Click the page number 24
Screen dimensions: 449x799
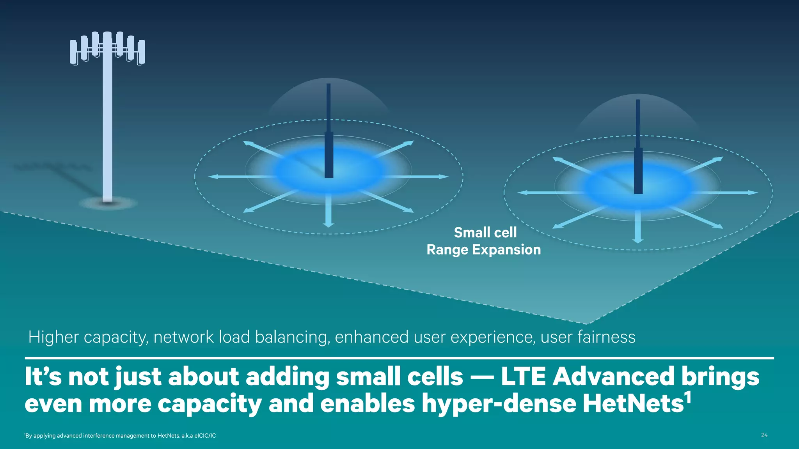pos(764,435)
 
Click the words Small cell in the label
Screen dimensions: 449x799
pos(485,233)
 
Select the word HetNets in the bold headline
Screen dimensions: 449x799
pos(632,403)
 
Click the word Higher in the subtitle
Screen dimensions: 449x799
pos(53,337)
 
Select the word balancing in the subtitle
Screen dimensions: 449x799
pos(291,337)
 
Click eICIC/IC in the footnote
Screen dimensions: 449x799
pos(205,436)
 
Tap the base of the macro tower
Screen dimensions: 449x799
pos(108,202)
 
